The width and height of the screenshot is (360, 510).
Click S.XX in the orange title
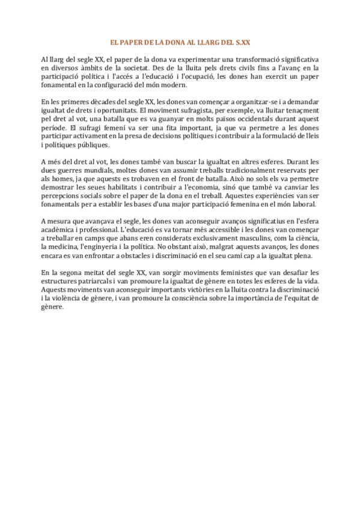coord(242,43)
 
